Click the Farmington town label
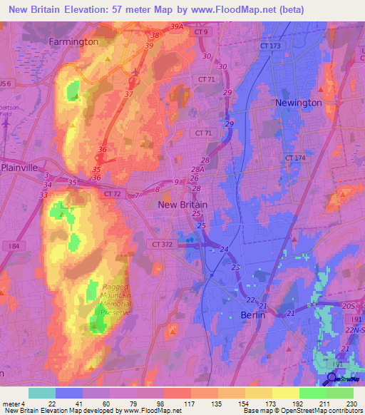tap(73, 41)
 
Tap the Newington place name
tap(299, 103)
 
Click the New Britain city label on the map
tap(182, 205)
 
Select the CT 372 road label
tap(163, 244)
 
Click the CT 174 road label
tap(294, 157)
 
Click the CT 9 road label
tap(202, 32)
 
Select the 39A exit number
tap(177, 26)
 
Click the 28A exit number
tap(197, 169)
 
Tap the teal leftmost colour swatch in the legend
tap(41, 393)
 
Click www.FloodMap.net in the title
tap(242, 9)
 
